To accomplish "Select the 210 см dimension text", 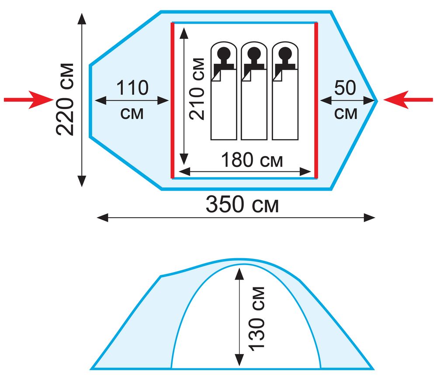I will click(x=198, y=88).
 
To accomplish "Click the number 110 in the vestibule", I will click(x=132, y=89).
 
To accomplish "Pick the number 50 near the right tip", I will click(x=345, y=89).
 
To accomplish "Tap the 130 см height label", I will click(x=259, y=317).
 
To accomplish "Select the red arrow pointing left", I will click(x=408, y=100).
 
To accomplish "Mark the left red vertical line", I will click(x=173, y=100).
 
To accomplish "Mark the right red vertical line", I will click(x=316, y=100).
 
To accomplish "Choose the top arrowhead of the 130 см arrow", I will click(x=239, y=272).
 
